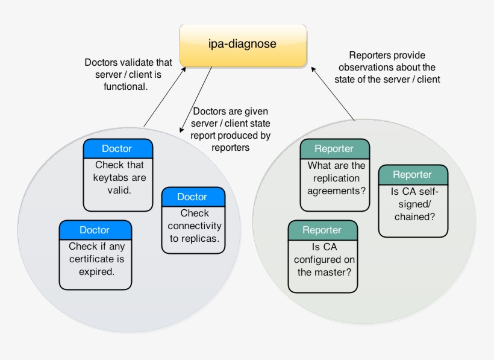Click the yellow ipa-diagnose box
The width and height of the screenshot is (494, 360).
pyautogui.click(x=243, y=45)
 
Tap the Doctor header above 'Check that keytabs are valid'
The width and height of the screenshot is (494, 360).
pyautogui.click(x=118, y=148)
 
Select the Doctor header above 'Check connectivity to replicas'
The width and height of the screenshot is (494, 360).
pyautogui.click(x=193, y=197)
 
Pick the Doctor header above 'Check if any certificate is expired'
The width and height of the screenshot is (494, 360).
pyautogui.click(x=95, y=230)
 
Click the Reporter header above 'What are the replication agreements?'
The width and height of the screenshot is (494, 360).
pyautogui.click(x=334, y=149)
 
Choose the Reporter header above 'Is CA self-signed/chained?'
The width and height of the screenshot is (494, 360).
pyautogui.click(x=413, y=175)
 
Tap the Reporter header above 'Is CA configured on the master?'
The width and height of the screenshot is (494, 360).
pyautogui.click(x=323, y=230)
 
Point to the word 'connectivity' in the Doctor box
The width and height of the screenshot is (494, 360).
pyautogui.click(x=195, y=226)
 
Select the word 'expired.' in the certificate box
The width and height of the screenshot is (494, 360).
pyautogui.click(x=97, y=271)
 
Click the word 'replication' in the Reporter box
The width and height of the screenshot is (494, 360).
pyautogui.click(x=336, y=178)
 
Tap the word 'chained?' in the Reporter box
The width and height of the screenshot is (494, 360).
pyautogui.click(x=414, y=216)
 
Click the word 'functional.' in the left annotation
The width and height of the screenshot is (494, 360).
pyautogui.click(x=126, y=86)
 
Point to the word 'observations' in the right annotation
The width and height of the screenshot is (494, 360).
pyautogui.click(x=364, y=67)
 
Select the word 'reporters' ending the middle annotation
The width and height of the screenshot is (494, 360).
pyautogui.click(x=230, y=148)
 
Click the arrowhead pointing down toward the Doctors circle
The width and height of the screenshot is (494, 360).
pyautogui.click(x=181, y=130)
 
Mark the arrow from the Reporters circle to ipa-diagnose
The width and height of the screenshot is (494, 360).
pyautogui.click(x=333, y=93)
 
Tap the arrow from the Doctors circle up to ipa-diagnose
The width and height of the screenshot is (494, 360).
pyautogui.click(x=164, y=97)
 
